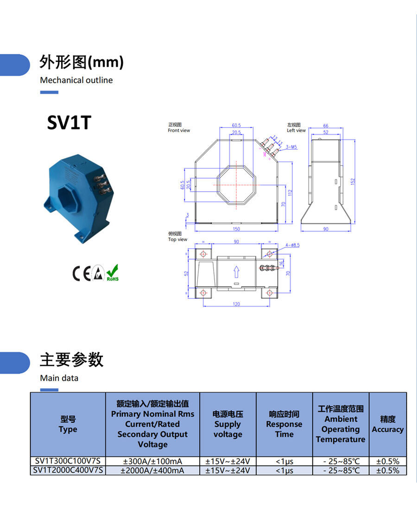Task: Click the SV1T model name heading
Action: pyautogui.click(x=69, y=123)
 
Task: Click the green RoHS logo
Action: pyautogui.click(x=113, y=273)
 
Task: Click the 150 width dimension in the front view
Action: pyautogui.click(x=236, y=229)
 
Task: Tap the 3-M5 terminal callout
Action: pyautogui.click(x=291, y=147)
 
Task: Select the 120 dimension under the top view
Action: pyautogui.click(x=236, y=304)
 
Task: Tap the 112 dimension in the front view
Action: pyautogui.click(x=291, y=192)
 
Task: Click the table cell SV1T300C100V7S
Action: pyautogui.click(x=68, y=461)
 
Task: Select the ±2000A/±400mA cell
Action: pyautogui.click(x=152, y=471)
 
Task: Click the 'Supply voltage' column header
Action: pyautogui.click(x=227, y=424)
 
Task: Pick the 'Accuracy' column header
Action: pyautogui.click(x=387, y=424)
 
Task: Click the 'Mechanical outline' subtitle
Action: pyautogui.click(x=76, y=80)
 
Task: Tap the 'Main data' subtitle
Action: pyautogui.click(x=59, y=378)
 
